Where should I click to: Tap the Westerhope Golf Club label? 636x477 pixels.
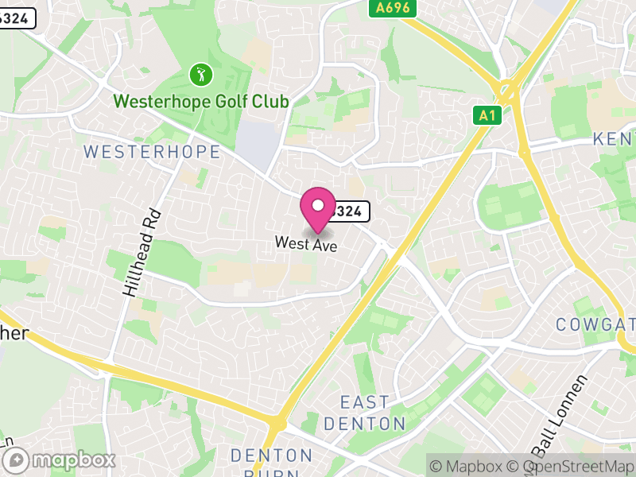(200, 102)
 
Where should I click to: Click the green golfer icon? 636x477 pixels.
(200, 76)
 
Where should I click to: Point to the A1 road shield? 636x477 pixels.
(487, 116)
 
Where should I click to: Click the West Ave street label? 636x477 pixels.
(306, 245)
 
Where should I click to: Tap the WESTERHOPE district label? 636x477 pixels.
(151, 151)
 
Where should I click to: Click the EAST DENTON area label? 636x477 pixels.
(365, 413)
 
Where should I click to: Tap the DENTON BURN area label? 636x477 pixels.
(272, 463)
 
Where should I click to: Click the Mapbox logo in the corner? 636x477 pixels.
(60, 460)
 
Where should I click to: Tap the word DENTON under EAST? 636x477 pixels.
(365, 423)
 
